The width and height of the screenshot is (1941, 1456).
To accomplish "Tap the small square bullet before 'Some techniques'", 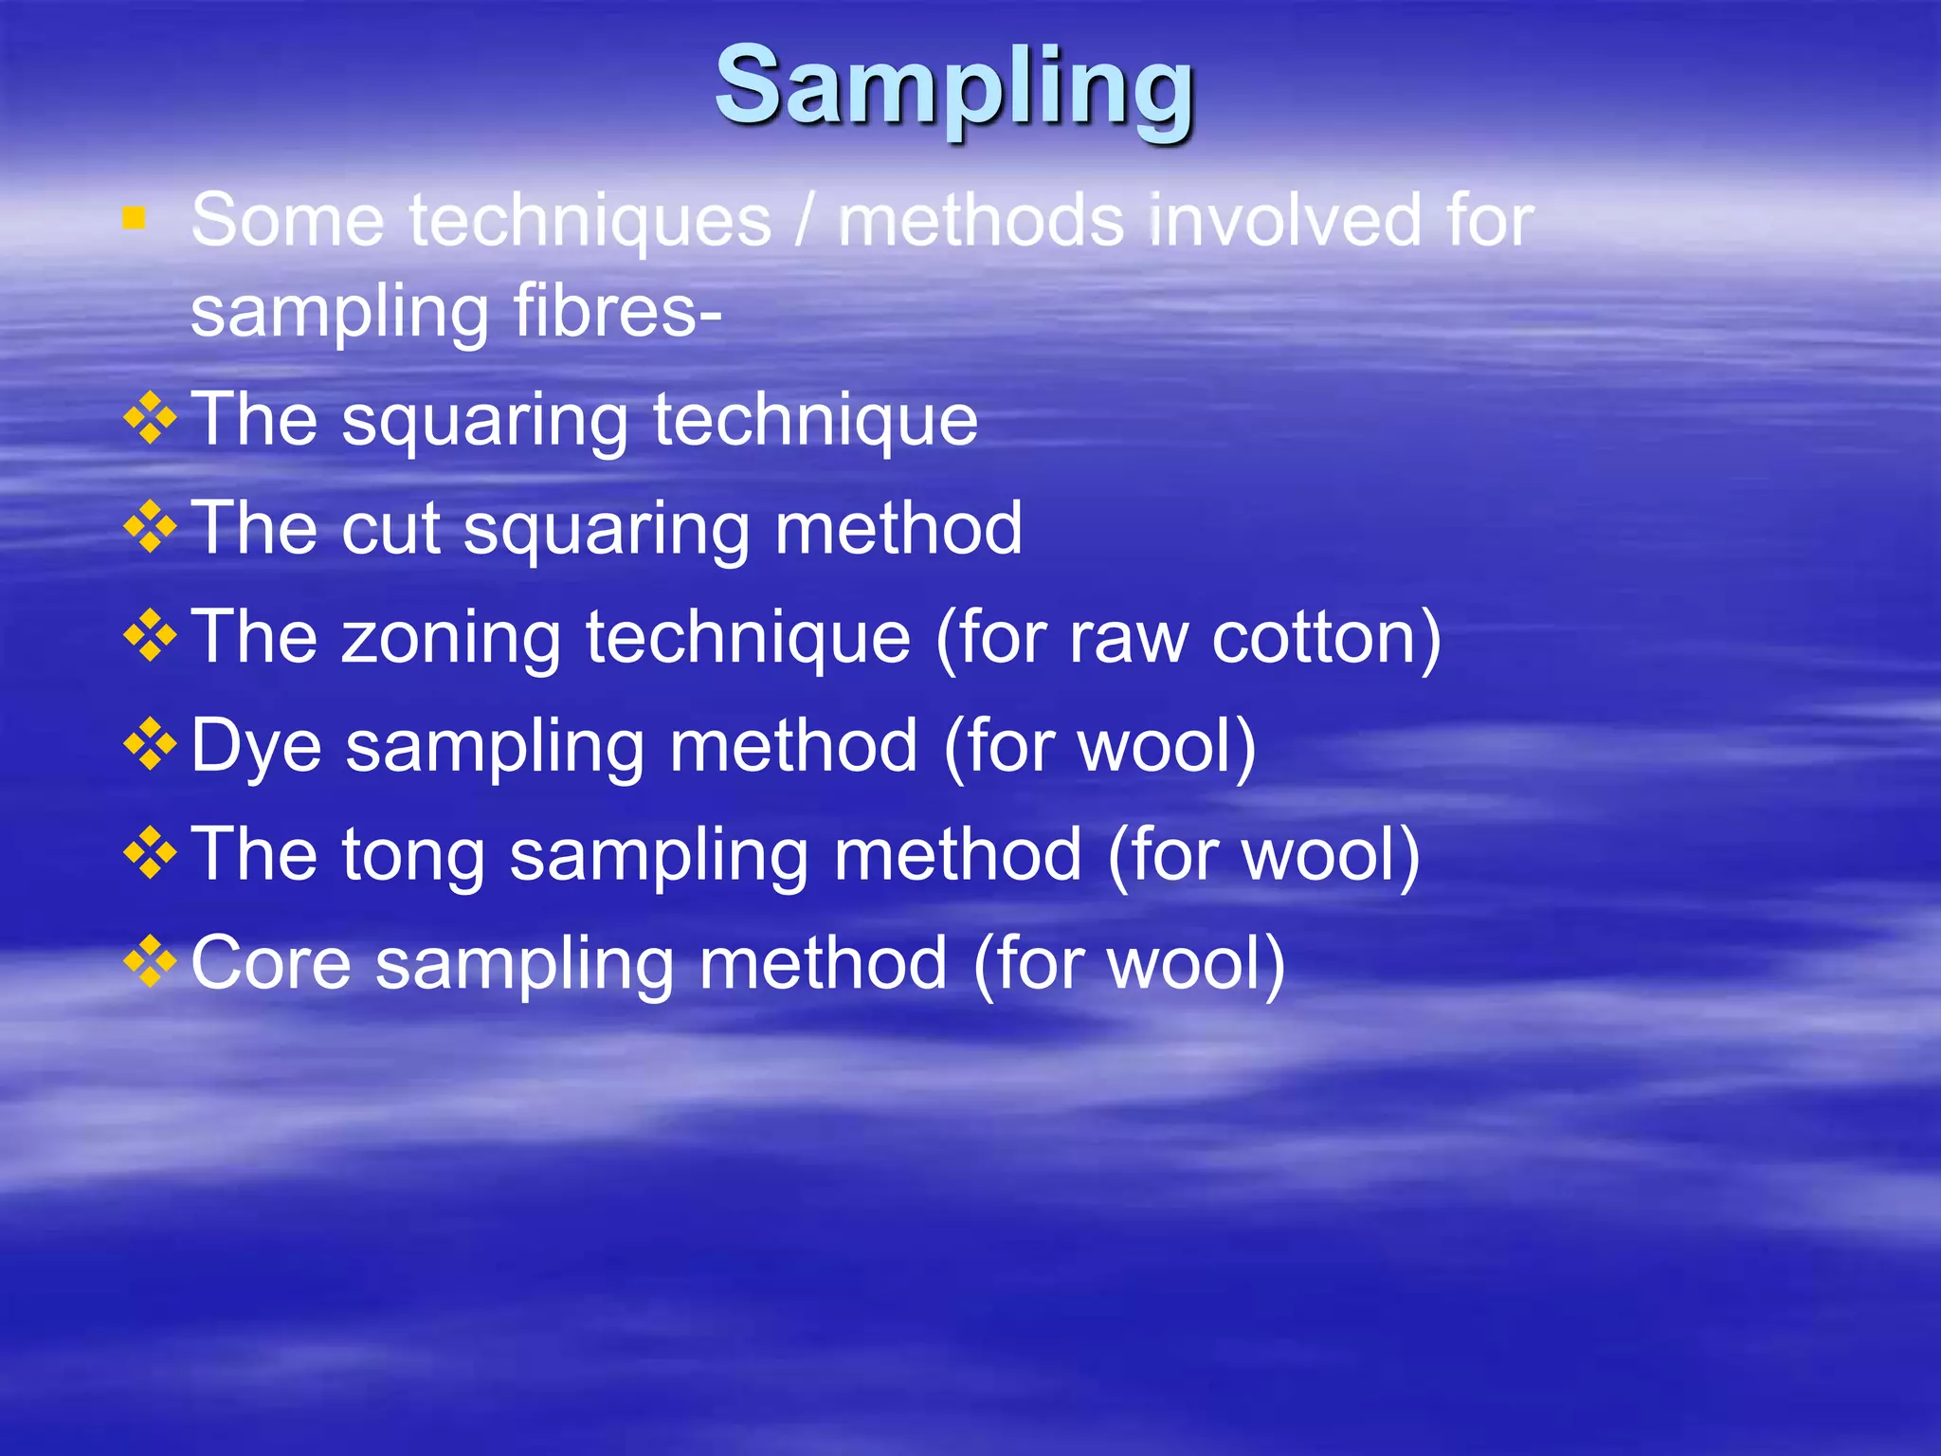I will tap(134, 220).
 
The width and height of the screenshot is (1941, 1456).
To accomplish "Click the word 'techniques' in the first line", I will tap(590, 221).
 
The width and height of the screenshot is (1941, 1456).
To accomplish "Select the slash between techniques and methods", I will tap(805, 221).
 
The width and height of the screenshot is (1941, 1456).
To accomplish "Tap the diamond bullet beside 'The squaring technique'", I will tap(150, 418).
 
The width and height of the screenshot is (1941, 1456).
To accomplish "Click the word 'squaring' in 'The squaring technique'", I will tap(484, 422).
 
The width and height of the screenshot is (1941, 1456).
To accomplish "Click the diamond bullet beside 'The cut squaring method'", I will tap(150, 527).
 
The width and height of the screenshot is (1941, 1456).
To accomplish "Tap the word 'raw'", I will tap(1128, 639).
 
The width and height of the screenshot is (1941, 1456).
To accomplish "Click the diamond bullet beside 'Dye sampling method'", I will tap(150, 744).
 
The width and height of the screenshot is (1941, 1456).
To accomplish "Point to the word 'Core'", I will tap(271, 963).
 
